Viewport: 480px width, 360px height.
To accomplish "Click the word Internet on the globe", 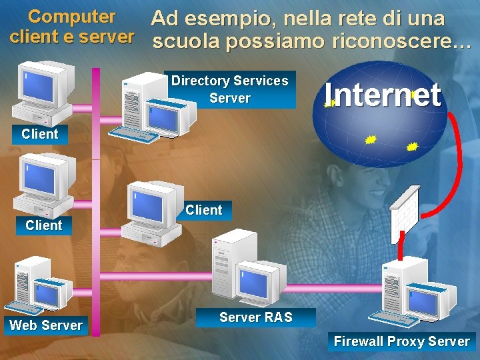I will [383, 96].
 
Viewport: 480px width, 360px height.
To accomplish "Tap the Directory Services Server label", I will [229, 89].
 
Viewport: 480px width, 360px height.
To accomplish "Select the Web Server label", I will [46, 325].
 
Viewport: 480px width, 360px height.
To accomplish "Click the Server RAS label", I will [255, 317].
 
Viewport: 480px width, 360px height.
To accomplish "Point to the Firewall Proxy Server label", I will [401, 341].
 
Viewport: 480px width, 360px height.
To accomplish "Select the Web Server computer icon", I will [40, 287].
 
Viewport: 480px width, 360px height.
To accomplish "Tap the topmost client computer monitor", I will [40, 87].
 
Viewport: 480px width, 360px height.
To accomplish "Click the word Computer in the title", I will [72, 16].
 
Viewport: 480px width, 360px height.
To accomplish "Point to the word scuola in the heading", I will [186, 42].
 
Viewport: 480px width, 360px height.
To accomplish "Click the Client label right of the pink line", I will [203, 210].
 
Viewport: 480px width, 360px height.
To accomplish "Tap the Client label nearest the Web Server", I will [43, 225].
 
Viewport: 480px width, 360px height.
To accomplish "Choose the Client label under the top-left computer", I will [40, 133].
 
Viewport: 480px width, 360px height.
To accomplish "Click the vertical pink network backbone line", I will [96, 200].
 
